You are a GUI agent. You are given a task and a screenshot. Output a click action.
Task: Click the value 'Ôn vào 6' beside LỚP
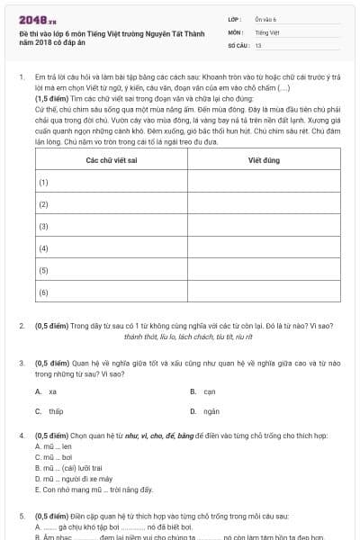[x=265, y=19]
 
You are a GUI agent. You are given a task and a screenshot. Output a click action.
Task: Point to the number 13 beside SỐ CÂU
[x=258, y=44]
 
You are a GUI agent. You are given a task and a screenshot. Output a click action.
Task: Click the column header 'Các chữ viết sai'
[x=111, y=159]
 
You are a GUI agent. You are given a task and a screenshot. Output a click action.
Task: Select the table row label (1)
[x=42, y=182]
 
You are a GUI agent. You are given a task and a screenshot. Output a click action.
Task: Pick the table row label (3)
[x=42, y=226]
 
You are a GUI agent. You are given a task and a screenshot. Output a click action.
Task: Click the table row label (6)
[x=42, y=292]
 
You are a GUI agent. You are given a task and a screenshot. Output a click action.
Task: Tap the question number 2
[x=22, y=325]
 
